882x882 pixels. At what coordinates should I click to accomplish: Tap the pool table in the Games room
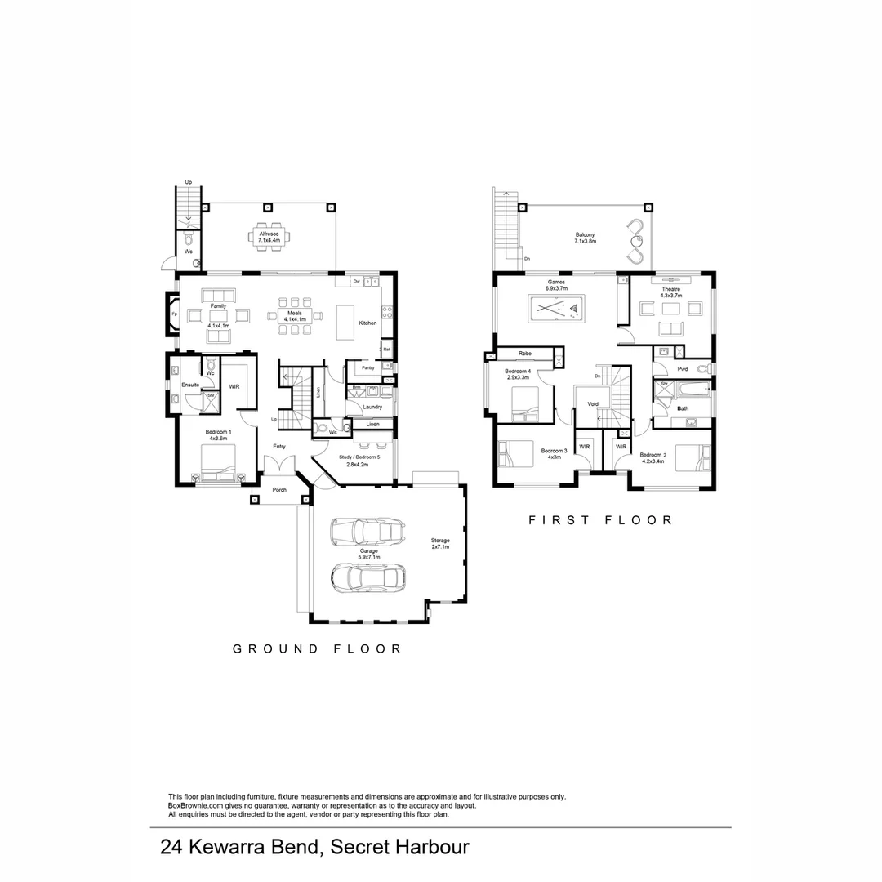(555, 309)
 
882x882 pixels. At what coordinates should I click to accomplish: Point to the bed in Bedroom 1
(218, 461)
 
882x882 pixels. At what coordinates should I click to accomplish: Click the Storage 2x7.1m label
(440, 544)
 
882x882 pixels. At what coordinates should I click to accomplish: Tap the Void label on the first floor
(593, 403)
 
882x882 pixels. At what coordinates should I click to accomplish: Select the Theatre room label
(670, 292)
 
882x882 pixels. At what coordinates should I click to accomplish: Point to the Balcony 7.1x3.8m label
(585, 238)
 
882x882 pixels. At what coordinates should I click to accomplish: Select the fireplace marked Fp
(174, 314)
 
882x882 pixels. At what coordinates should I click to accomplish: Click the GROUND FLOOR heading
(317, 648)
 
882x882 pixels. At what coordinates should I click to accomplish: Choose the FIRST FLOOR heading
(600, 519)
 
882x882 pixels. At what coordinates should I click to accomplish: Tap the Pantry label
(367, 367)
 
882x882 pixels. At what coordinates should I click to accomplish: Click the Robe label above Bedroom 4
(524, 354)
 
